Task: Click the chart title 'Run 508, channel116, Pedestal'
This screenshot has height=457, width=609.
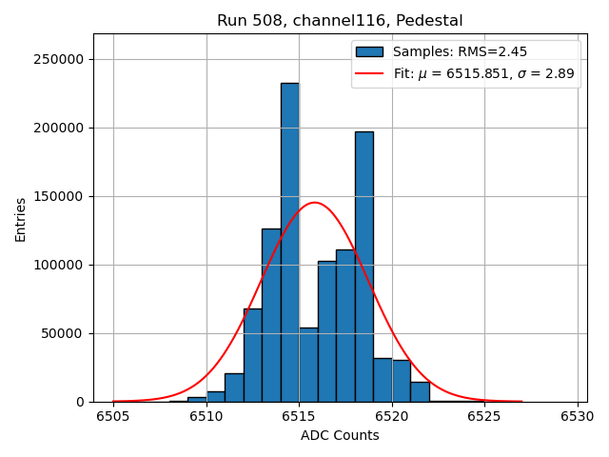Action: (x=340, y=21)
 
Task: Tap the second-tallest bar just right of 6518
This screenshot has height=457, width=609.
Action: (x=363, y=267)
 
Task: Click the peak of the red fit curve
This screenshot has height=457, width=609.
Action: (x=314, y=203)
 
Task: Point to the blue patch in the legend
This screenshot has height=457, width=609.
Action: (x=370, y=52)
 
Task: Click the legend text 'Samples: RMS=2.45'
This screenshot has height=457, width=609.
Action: (x=460, y=52)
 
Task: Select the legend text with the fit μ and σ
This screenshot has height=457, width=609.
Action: (x=483, y=74)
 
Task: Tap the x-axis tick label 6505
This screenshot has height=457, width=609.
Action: (x=113, y=416)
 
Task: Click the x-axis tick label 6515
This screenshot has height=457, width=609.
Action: (x=299, y=416)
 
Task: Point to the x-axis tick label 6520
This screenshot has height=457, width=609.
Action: (x=391, y=416)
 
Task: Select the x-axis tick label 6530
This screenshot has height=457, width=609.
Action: (x=577, y=416)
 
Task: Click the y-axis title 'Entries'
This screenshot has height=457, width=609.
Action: (x=21, y=220)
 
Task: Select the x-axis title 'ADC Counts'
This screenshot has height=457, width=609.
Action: (x=340, y=436)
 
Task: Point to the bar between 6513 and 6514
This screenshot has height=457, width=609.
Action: (x=271, y=315)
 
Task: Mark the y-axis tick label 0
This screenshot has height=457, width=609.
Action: (x=80, y=403)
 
